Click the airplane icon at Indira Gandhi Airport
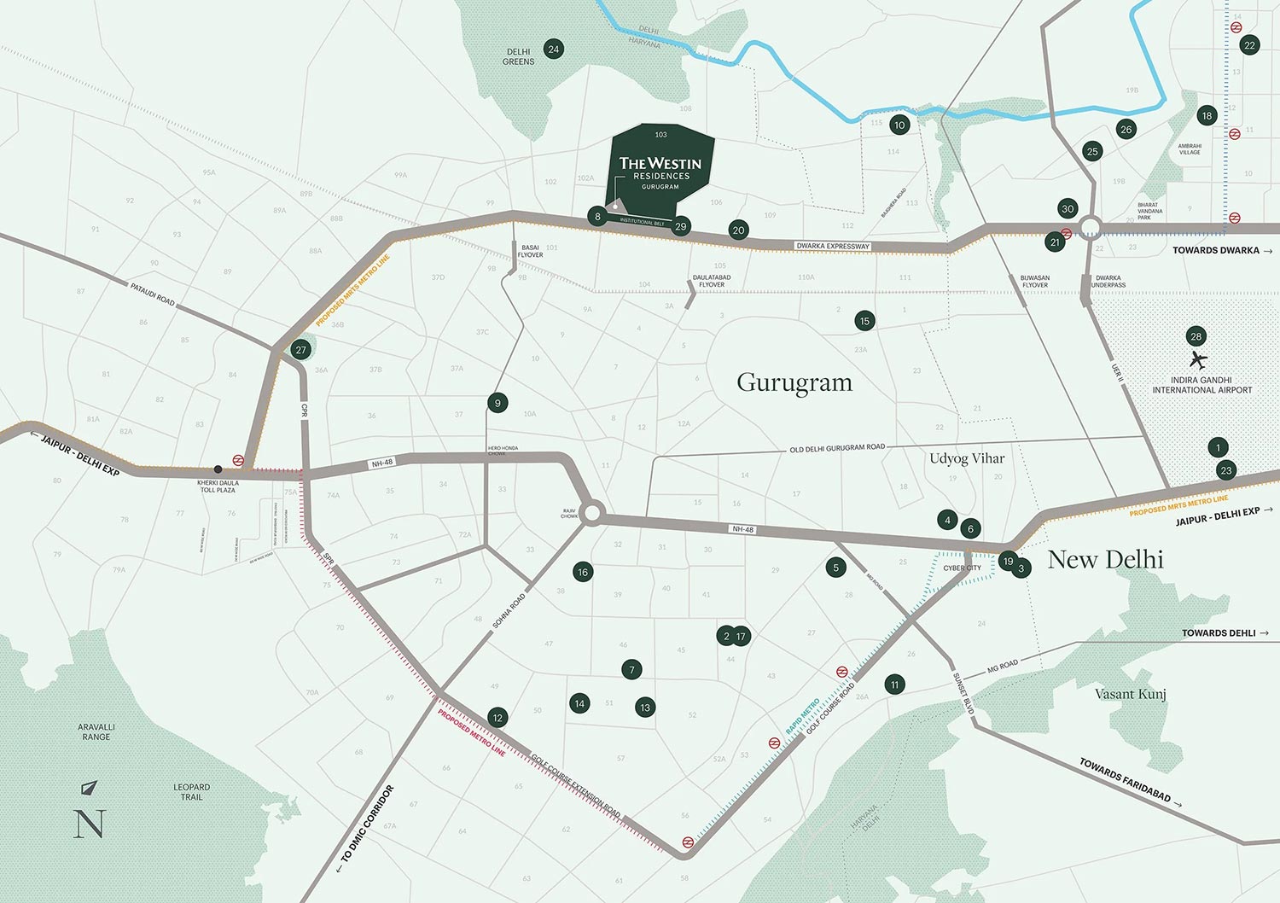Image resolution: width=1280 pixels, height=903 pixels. point(1198,359)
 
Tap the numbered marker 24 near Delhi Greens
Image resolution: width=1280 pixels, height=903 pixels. point(554,50)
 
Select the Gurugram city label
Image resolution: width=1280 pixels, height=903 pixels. point(794,382)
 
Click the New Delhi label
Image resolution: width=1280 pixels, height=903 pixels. point(1105,560)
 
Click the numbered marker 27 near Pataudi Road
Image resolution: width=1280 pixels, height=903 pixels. point(300,350)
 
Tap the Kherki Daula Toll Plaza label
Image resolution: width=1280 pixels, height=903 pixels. point(218,486)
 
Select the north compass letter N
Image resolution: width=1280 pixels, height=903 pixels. point(90,824)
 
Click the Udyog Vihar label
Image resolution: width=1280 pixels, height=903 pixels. point(967,458)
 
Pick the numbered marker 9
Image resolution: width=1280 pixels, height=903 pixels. point(497,403)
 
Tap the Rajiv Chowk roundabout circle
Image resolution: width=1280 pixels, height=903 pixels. point(594,514)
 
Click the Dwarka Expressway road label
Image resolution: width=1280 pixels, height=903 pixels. point(833,246)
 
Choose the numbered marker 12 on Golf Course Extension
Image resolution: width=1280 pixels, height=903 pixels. point(497,718)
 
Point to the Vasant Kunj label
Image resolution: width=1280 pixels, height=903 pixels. point(1130,694)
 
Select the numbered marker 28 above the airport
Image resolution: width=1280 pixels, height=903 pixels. point(1196,336)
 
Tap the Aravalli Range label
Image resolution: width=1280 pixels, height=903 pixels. point(96,731)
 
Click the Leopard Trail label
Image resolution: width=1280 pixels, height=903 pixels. point(191,792)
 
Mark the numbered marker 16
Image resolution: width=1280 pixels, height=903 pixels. point(583,572)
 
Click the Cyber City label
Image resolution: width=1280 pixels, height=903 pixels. point(962,568)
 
